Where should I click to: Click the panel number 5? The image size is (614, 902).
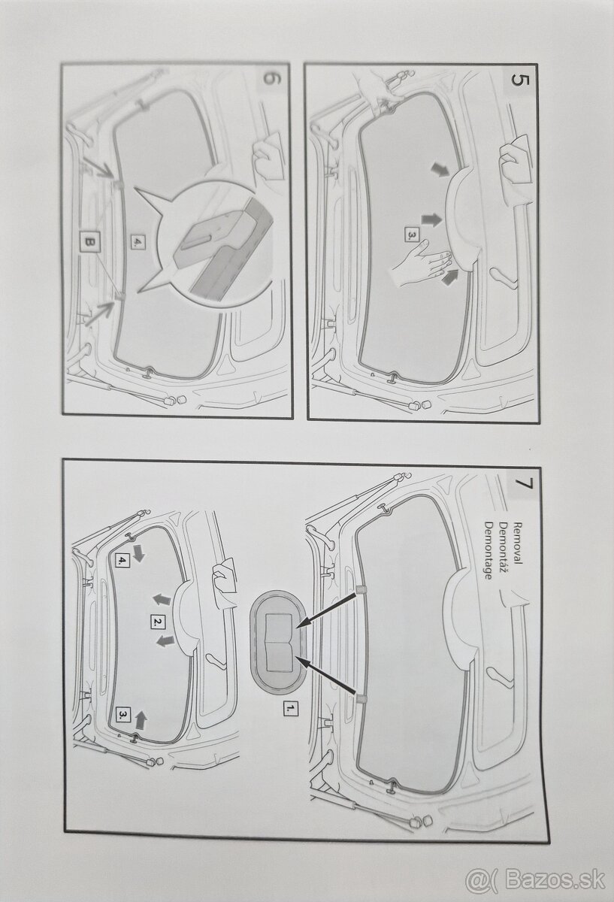(519, 80)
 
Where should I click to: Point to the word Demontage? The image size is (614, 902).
(488, 550)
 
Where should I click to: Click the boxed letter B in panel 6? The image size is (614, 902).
(89, 242)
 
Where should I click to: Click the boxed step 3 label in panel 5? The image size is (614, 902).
(410, 235)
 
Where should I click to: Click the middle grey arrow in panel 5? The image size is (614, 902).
(431, 219)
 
